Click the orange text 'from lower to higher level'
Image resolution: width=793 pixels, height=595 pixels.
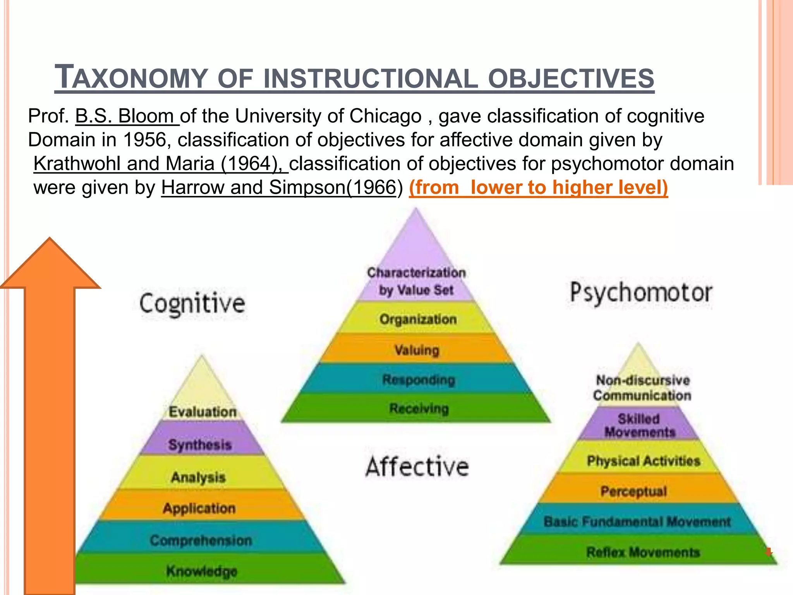pos(538,187)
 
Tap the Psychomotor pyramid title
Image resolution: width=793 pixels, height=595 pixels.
pos(641,292)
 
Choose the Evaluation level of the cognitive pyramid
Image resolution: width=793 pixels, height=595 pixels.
pos(203,412)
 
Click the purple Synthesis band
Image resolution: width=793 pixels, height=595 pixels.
pos(200,445)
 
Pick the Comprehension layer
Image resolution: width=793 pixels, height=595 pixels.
pos(201,540)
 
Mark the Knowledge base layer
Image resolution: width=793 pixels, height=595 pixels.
pos(202,571)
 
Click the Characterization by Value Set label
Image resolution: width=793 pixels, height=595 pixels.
pos(416,281)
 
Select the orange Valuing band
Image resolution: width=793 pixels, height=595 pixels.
pos(417,350)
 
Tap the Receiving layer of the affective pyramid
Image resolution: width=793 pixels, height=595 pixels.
pos(419,408)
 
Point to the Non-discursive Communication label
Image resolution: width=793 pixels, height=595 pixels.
pos(642,388)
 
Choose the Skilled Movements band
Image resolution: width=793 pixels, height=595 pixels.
pos(639,425)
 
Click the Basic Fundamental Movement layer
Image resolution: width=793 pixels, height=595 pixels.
pos(637,522)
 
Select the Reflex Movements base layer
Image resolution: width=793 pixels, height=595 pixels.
pos(643,552)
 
